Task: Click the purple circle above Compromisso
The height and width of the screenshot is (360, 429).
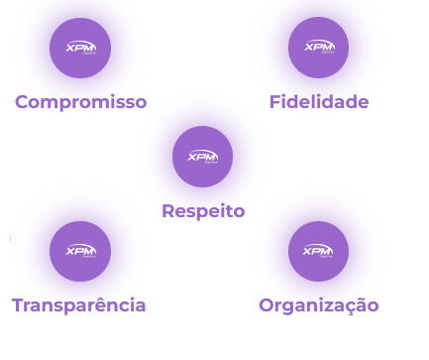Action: point(80,48)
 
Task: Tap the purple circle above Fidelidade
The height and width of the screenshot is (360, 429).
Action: point(318,48)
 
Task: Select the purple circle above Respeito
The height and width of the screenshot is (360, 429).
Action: point(202,157)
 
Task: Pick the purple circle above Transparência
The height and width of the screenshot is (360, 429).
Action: point(80,252)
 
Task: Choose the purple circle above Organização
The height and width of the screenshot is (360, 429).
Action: point(318,252)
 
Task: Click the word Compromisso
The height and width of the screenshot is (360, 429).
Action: point(80,102)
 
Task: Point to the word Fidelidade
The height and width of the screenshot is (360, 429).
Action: point(318,102)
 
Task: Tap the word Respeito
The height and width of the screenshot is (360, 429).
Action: point(203,211)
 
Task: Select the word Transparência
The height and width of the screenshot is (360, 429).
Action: point(79,305)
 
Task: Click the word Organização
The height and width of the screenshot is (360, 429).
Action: point(318,305)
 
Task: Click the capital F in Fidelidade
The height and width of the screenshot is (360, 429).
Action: point(274,102)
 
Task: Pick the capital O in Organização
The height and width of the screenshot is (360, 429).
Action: point(267,305)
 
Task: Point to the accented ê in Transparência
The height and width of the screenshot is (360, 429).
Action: point(111,304)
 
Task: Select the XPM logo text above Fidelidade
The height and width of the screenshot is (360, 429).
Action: point(318,47)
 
